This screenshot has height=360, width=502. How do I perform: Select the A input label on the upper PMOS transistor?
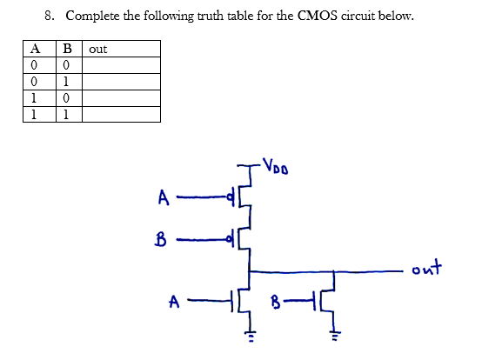point(163,199)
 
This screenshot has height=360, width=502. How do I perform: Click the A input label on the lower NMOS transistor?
point(175,302)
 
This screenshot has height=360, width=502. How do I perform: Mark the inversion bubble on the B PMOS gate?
point(231,236)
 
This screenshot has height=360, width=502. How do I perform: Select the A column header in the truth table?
point(32,50)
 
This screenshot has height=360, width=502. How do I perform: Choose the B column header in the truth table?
point(64,50)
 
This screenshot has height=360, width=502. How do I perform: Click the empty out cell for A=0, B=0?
point(121,66)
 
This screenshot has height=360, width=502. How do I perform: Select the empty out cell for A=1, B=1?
point(121,114)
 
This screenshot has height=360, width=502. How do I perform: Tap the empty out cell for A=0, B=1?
point(121,82)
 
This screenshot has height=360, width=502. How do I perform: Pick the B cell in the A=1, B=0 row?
point(64,98)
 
